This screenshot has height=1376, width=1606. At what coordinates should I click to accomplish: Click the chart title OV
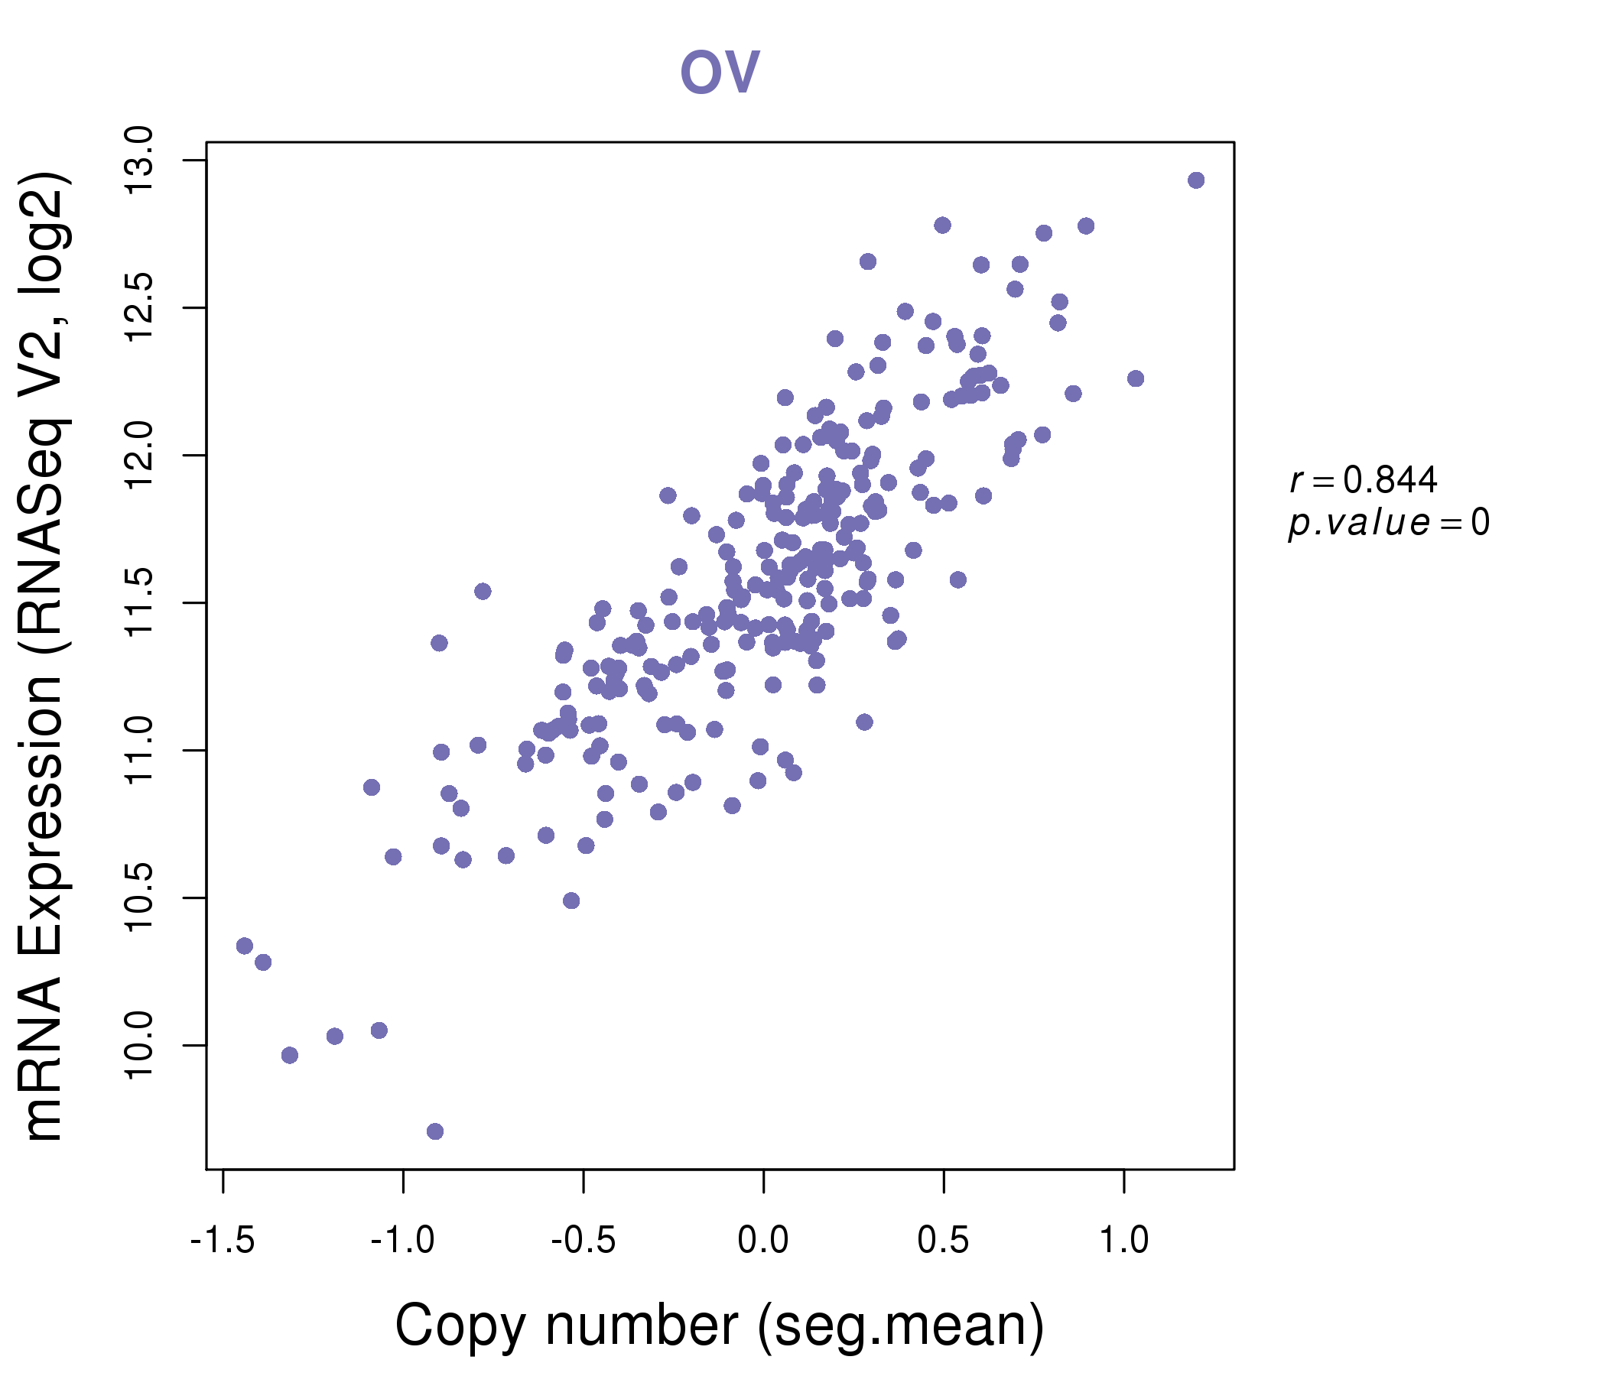720,72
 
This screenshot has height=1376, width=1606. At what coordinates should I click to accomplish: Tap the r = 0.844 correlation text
1364,480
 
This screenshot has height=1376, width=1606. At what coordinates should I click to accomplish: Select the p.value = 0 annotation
1388,523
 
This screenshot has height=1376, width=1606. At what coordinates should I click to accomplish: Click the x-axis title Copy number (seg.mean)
720,1326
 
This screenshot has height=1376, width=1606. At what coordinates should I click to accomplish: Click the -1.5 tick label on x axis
223,1241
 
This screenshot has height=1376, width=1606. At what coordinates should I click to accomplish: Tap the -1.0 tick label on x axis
403,1241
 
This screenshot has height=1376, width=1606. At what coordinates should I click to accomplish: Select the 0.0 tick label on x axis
763,1241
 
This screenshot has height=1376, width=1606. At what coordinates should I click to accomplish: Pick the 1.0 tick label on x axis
1124,1241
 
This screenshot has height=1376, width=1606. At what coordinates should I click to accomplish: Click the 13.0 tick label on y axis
139,161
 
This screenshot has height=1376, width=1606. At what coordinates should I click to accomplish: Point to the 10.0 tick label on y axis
139,1045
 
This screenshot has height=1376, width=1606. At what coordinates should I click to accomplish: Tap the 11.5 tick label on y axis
139,603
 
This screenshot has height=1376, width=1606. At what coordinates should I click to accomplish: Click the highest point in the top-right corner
1196,180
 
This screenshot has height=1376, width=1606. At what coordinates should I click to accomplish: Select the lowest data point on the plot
435,1131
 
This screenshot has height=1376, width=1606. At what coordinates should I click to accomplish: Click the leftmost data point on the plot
245,945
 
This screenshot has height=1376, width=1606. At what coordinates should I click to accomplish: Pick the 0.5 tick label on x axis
943,1241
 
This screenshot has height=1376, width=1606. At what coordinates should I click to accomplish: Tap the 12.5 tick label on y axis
139,307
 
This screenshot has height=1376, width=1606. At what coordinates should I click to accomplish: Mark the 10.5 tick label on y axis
139,898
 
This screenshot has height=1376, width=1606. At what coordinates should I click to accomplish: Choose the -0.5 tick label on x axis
583,1241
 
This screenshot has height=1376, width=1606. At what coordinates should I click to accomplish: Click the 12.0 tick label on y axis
139,456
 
